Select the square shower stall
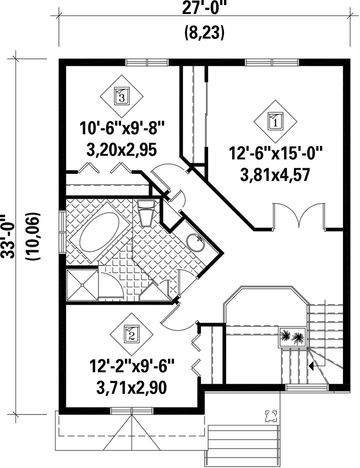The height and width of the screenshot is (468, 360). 82,285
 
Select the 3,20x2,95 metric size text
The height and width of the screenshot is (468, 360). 121,150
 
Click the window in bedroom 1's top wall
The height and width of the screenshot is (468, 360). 272,62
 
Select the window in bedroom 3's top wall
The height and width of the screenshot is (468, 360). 147,62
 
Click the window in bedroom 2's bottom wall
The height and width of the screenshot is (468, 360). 132,411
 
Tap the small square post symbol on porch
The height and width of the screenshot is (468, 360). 271,416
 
